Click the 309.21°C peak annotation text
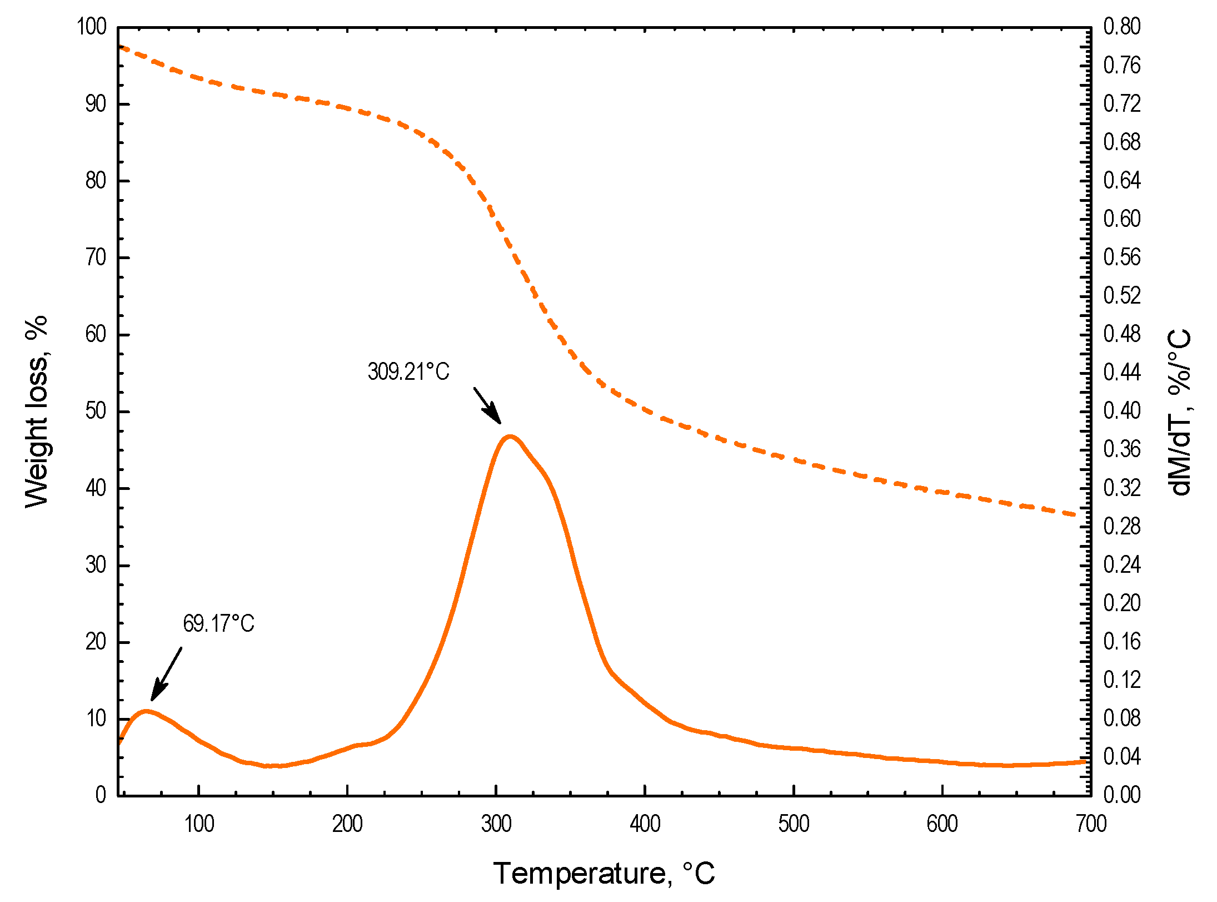pos(408,372)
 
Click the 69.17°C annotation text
pos(218,623)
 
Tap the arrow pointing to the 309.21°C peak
pos(487,406)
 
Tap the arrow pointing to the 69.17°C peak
pos(166,674)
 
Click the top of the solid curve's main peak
pos(510,437)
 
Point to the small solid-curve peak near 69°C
pos(146,711)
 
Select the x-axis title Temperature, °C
pos(604,873)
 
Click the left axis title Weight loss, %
pos(37,412)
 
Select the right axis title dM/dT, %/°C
pos(1179,412)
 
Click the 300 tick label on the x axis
pos(496,824)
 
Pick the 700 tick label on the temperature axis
pos(1091,824)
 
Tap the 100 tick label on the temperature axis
pos(199,824)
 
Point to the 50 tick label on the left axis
pos(96,412)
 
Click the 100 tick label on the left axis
pos(92,27)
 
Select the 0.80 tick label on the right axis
pos(1121,27)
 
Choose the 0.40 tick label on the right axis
pos(1121,411)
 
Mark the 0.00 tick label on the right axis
pos(1121,795)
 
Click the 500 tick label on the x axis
pos(794,824)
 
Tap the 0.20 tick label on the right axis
pos(1121,603)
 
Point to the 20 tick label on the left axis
pos(96,642)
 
